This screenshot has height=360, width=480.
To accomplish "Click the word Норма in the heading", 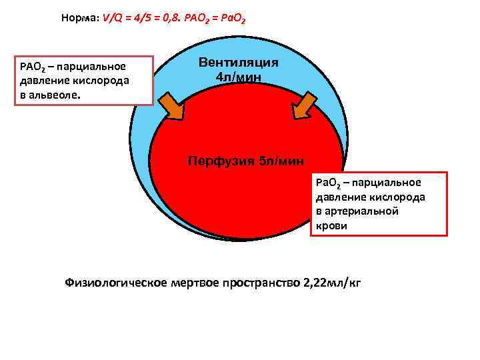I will pyautogui.click(x=79, y=19).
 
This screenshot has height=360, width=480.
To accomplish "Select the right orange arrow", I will pyautogui.click(x=307, y=105).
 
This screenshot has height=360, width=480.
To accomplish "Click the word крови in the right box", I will pyautogui.click(x=331, y=226).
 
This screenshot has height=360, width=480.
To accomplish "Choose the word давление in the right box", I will pyautogui.click(x=337, y=197).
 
